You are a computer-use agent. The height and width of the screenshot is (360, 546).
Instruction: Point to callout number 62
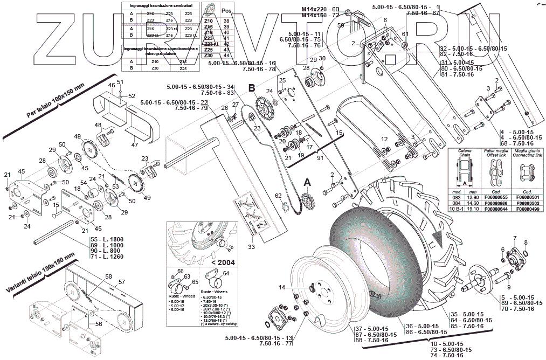(x=279, y=195)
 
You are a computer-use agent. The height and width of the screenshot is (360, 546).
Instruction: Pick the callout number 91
(x=320, y=158)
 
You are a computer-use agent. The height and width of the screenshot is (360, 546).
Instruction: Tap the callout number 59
(x=340, y=25)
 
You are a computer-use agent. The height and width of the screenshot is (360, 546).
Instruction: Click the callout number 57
(x=122, y=281)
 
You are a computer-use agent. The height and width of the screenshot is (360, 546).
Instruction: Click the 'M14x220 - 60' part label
(x=320, y=10)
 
